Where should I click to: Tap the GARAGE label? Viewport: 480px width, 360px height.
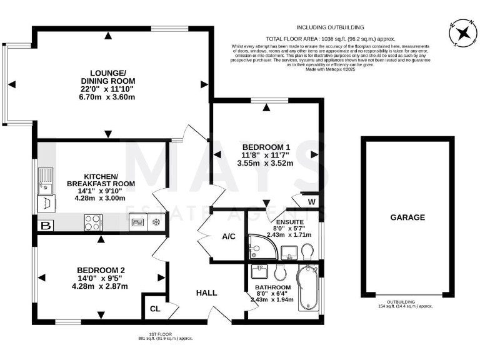(x=407, y=217)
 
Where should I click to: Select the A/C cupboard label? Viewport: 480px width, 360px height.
(x=227, y=237)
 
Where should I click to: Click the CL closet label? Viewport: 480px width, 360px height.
(x=154, y=309)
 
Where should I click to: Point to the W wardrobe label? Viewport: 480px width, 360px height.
(x=311, y=202)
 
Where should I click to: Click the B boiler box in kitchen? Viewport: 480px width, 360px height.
(x=45, y=226)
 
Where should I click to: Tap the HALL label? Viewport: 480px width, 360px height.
(x=206, y=292)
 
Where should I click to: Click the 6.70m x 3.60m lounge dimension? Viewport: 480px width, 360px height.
(x=108, y=97)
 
